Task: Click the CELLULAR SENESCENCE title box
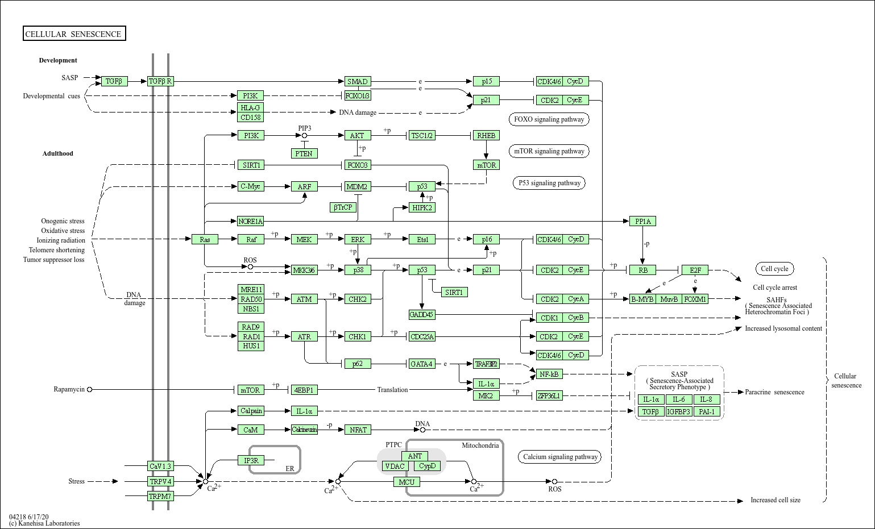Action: tap(74, 34)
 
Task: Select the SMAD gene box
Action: tap(358, 81)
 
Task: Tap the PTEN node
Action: tap(304, 153)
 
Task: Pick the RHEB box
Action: tap(486, 135)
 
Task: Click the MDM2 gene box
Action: tap(357, 186)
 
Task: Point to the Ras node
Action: tap(205, 239)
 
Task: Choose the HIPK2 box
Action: tap(422, 207)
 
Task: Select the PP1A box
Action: tap(643, 221)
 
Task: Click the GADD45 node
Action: tap(421, 315)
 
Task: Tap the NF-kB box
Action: tap(549, 374)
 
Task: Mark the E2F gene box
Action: tap(695, 270)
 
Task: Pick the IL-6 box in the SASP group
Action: tap(679, 399)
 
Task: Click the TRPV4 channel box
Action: tap(160, 481)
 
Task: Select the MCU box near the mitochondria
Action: tap(407, 482)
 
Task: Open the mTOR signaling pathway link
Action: tap(549, 151)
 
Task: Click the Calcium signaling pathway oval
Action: tap(560, 457)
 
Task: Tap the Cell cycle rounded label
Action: tap(774, 269)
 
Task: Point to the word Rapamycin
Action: tap(69, 389)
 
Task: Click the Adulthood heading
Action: tap(57, 153)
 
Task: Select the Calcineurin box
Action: tap(304, 430)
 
